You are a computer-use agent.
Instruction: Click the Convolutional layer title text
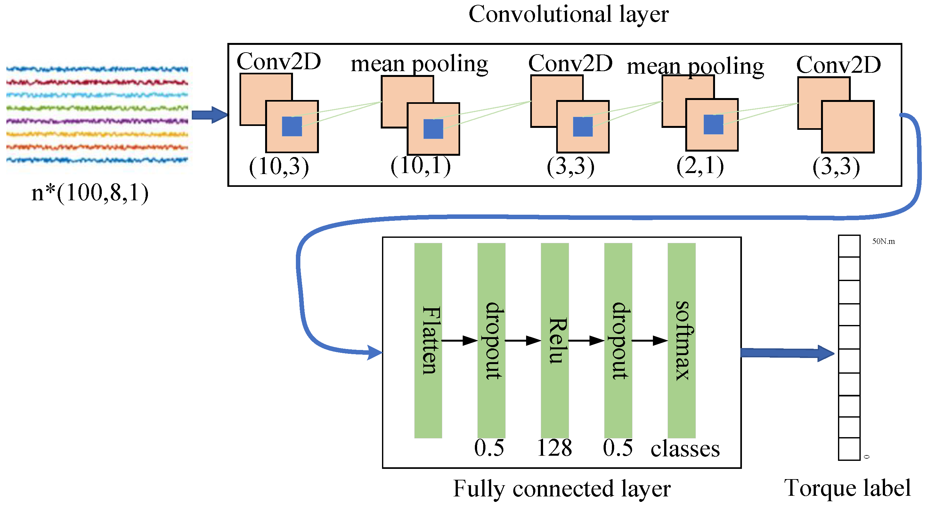[x=568, y=14]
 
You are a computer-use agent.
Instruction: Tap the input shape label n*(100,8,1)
[x=90, y=193]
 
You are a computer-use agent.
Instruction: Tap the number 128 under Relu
[x=554, y=448]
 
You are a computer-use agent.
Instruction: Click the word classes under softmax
[x=685, y=449]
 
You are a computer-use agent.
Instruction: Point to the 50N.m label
[x=883, y=241]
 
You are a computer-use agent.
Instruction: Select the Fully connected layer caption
[x=561, y=489]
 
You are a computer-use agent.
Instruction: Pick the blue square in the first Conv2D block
[x=292, y=126]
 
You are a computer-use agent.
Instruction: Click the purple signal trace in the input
[x=97, y=121]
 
